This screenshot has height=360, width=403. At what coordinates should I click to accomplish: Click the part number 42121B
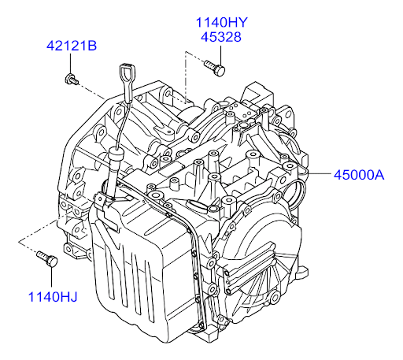point(72,46)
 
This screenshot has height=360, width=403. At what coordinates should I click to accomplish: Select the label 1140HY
point(221,22)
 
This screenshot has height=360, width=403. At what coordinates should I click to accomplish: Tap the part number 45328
point(221,37)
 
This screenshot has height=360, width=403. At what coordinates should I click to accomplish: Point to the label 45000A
point(359,175)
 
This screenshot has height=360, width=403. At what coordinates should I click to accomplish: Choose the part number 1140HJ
point(53,297)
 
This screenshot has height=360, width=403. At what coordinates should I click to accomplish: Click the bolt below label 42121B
point(71,80)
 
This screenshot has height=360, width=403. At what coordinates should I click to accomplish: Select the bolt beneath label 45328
point(215,68)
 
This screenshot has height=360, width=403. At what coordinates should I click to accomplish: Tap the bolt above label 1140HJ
point(47,258)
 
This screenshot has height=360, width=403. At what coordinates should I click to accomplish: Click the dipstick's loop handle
point(128,74)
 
